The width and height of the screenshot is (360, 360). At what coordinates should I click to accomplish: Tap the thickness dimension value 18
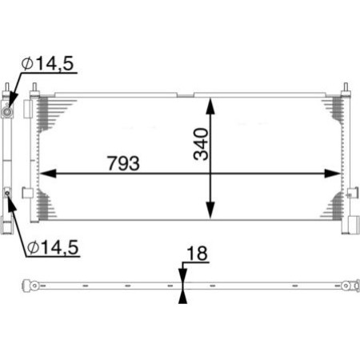coord(195,254)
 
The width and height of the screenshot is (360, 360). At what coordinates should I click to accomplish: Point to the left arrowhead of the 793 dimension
coord(46,174)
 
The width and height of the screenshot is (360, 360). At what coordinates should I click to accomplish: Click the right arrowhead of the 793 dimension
coord(335,174)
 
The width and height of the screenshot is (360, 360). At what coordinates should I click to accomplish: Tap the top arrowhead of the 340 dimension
coord(211,105)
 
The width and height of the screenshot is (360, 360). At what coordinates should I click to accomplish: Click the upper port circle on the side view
coord(8,113)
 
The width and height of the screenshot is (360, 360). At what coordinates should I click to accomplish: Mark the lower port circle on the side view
coord(8,191)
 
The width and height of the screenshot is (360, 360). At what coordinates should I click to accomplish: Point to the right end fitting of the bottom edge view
coord(349,283)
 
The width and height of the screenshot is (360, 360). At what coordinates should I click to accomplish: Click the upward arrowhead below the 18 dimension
coord(183,298)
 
